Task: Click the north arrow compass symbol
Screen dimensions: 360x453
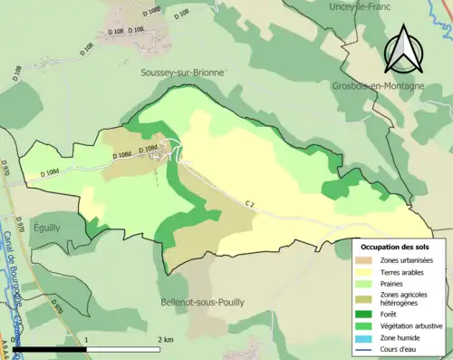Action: click(x=404, y=50)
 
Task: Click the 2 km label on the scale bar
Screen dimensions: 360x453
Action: click(x=163, y=339)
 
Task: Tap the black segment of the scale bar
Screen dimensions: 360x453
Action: click(x=49, y=349)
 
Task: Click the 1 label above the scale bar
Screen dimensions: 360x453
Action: click(x=86, y=339)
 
